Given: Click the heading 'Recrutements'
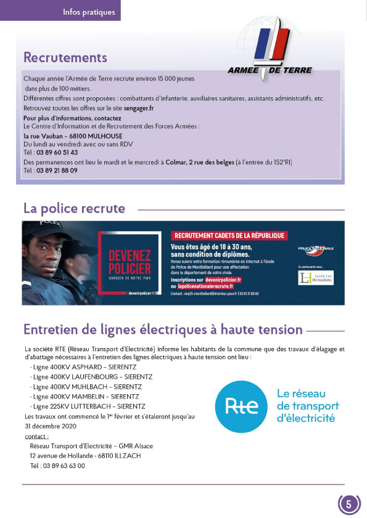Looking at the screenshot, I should point(65,58).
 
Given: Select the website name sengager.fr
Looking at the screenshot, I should point(138,107).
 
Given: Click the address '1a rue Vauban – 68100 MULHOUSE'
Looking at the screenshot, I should point(73,136).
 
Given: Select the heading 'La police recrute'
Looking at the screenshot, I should point(74,208).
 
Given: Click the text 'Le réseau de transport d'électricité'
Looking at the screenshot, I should point(307,406).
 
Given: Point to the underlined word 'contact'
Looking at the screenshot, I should point(36,436).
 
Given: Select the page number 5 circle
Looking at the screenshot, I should point(348,504).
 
